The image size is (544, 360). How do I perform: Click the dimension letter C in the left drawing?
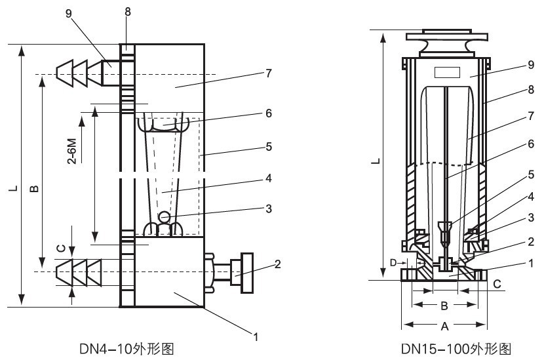click(x=60, y=248)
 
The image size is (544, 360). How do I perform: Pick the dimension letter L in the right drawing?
click(x=374, y=161)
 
